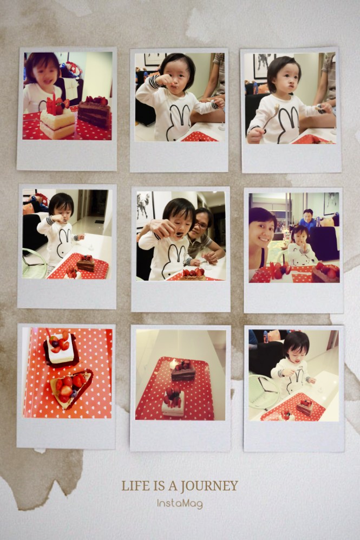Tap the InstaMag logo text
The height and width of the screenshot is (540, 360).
click(x=180, y=504)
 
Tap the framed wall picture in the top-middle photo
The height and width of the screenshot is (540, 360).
click(x=155, y=59)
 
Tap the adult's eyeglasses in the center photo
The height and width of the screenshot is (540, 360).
click(x=201, y=225)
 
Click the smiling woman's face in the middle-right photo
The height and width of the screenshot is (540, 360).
click(x=263, y=231)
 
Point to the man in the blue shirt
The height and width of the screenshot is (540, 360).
click(x=307, y=219)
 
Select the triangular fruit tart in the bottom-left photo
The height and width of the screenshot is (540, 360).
click(x=70, y=387)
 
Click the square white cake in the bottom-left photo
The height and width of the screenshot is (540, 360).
click(x=61, y=348)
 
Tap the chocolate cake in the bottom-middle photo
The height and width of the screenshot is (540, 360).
click(x=183, y=370)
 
